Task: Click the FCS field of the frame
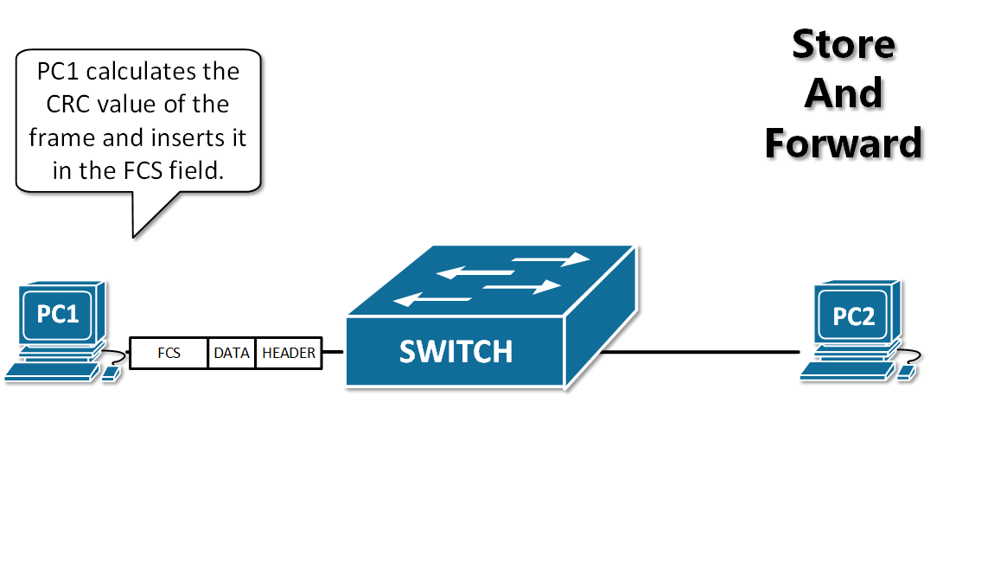click(x=169, y=353)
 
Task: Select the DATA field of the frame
click(x=232, y=353)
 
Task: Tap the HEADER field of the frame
click(x=289, y=353)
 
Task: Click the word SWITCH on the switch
click(x=456, y=352)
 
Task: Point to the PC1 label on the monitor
click(x=58, y=313)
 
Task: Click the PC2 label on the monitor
click(x=853, y=316)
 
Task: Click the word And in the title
click(x=844, y=93)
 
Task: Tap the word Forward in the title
click(x=844, y=143)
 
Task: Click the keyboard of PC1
click(x=50, y=372)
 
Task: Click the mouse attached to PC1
click(x=110, y=374)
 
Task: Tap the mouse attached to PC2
click(x=905, y=372)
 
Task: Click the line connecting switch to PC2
click(x=700, y=352)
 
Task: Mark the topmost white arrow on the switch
click(x=550, y=259)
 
